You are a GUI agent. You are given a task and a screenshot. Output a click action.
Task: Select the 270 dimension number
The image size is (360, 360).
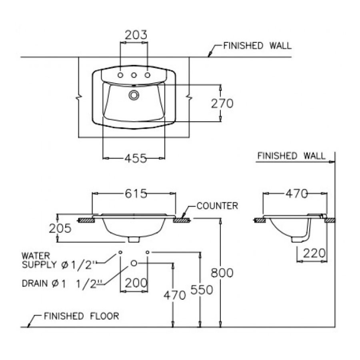point(222,104)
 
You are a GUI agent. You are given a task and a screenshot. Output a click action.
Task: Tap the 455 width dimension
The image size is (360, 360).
point(134,158)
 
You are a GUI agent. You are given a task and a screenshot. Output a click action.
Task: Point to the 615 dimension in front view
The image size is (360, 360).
point(134,194)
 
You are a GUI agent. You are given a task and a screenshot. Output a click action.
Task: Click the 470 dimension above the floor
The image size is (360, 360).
point(174,295)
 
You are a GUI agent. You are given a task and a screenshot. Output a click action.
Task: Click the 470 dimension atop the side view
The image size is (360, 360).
point(296,194)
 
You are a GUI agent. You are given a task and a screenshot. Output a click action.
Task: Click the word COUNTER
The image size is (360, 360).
point(217,206)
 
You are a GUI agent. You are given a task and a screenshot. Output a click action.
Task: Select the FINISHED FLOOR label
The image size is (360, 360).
point(81,316)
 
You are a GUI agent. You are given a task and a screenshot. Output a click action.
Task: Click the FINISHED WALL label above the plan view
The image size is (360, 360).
point(257,46)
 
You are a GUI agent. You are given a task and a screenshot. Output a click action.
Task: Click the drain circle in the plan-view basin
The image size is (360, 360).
point(133,95)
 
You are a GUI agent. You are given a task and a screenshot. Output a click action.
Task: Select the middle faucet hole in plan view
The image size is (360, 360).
point(134,75)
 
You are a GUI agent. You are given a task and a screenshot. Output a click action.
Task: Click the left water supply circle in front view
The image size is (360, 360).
point(120,252)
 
